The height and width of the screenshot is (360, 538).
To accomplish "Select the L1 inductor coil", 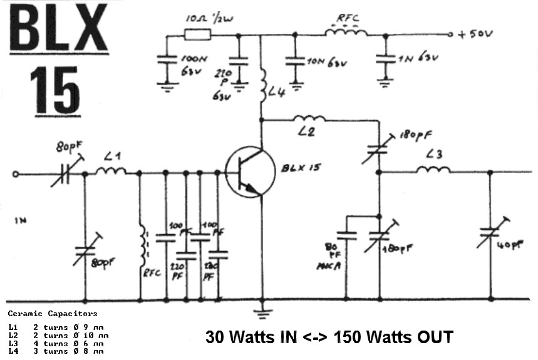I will pyautogui.click(x=111, y=170).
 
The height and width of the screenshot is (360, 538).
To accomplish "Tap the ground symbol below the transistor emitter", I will pyautogui.click(x=263, y=310).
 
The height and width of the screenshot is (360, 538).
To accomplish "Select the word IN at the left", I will pyautogui.click(x=19, y=220).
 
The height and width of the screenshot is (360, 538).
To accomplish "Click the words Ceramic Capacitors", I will pyautogui.click(x=52, y=313).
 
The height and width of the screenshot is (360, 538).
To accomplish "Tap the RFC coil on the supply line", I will pyautogui.click(x=346, y=30).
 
